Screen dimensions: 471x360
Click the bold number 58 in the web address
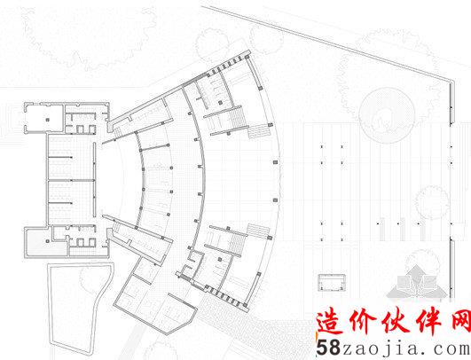click(x=328, y=348)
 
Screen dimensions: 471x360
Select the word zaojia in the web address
click(x=381, y=348)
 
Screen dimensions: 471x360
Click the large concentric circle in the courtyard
click(x=388, y=115)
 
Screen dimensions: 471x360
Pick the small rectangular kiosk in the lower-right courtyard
click(x=332, y=283)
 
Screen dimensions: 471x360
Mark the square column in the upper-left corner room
click(x=48, y=120)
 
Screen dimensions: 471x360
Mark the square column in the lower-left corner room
click(x=48, y=241)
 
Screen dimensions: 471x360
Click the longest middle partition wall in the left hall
click(x=71, y=181)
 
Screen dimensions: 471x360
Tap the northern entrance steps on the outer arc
click(x=258, y=131)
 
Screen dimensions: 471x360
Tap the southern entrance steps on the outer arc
click(x=258, y=231)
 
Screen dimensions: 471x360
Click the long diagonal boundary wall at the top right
click(x=326, y=42)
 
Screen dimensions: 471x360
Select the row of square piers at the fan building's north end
click(x=227, y=67)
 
